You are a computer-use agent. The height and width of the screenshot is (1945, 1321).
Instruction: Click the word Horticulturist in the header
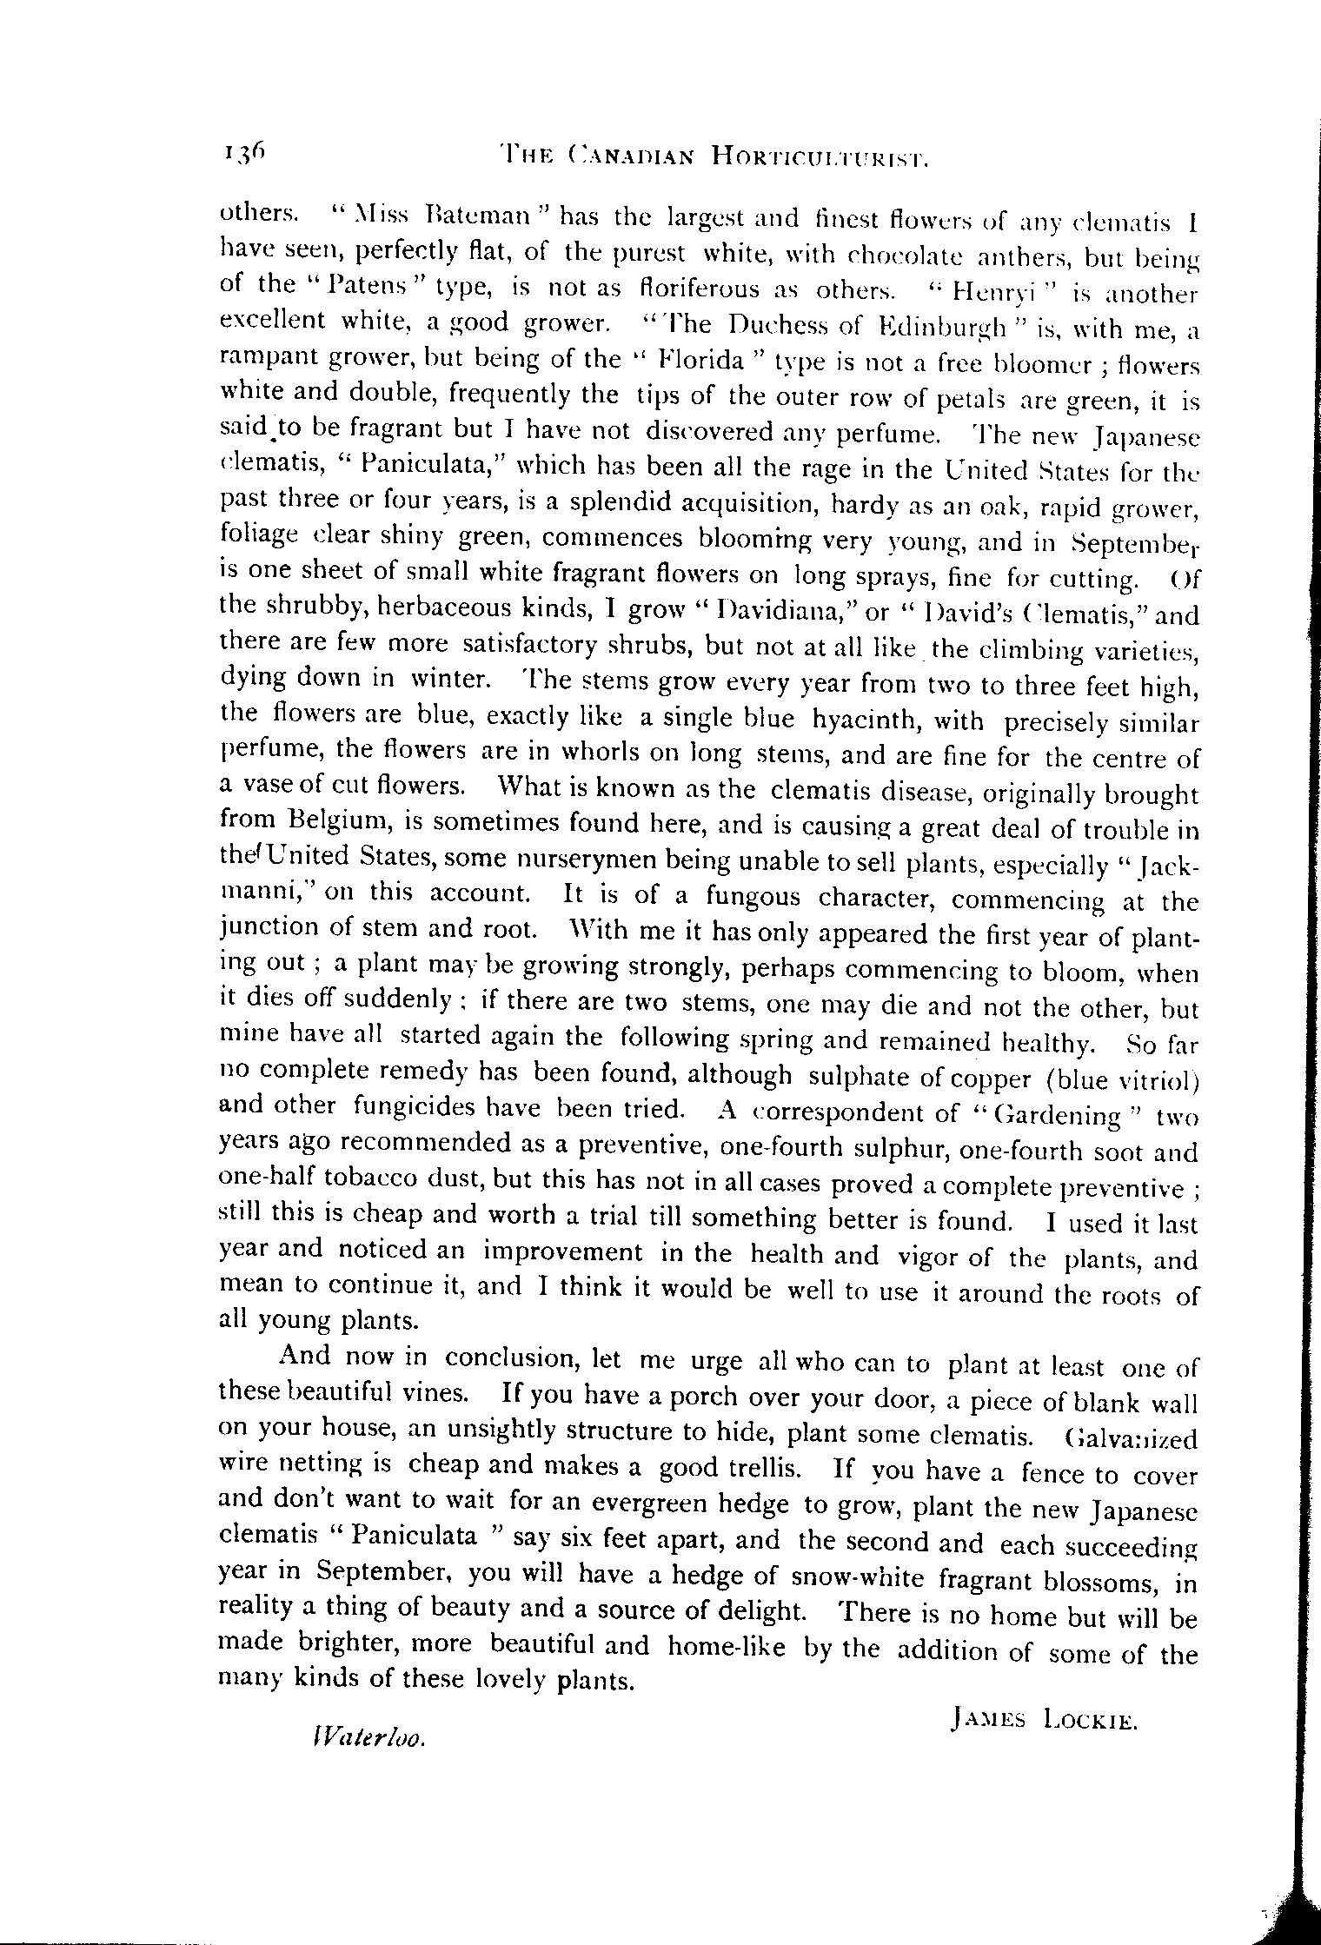[x=820, y=156]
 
